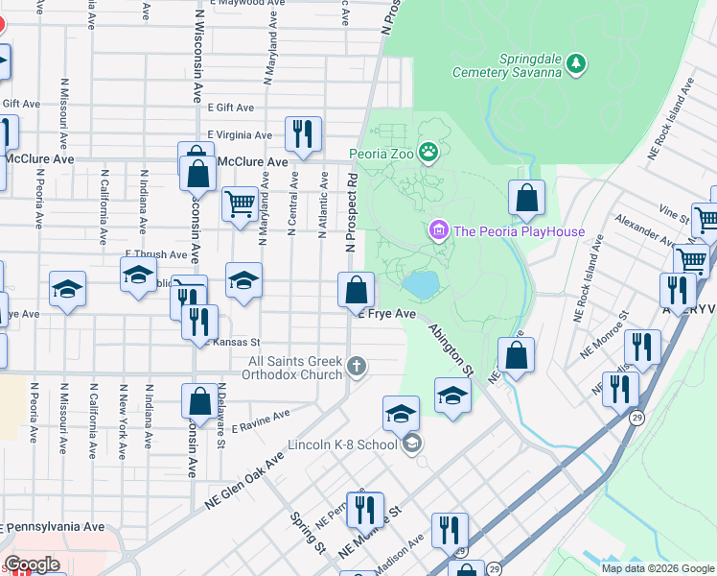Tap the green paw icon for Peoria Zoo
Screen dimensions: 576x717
click(429, 152)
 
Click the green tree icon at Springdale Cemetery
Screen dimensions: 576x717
click(576, 63)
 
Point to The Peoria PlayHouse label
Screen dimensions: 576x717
click(519, 230)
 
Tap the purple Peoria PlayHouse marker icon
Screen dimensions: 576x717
click(439, 230)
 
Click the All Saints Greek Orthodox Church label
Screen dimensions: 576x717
click(295, 368)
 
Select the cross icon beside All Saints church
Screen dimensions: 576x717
click(357, 366)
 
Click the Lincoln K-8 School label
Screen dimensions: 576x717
click(344, 445)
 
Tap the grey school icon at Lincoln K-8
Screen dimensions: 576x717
click(411, 443)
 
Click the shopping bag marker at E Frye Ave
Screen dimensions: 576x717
click(356, 289)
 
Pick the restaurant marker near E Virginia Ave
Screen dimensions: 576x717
click(303, 134)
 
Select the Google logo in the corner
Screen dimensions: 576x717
click(32, 564)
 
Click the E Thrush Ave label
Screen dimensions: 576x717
click(156, 254)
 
